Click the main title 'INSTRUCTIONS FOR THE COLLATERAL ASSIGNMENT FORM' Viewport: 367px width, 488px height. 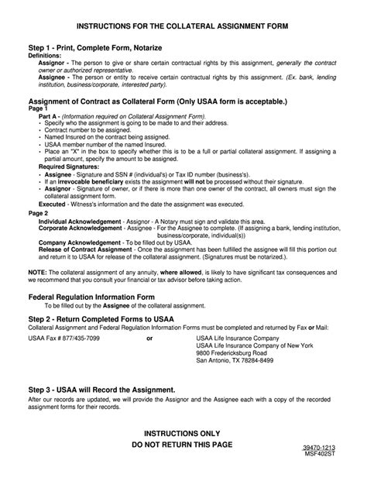pyautogui.click(x=183, y=26)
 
